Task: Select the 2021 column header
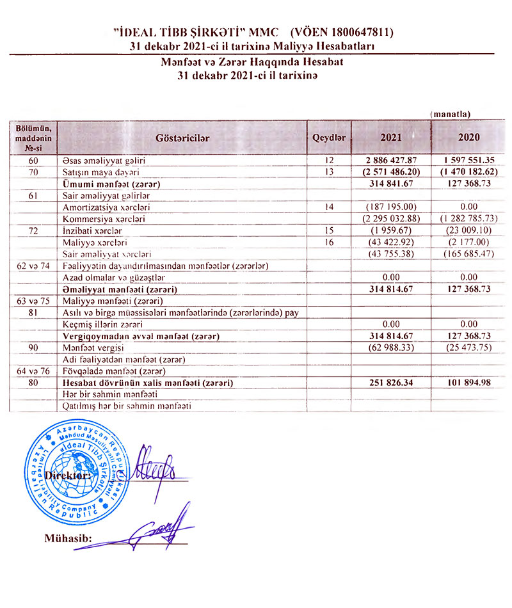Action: click(391, 137)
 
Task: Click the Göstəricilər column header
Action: click(182, 137)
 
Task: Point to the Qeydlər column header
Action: click(329, 137)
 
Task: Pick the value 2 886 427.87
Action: click(392, 161)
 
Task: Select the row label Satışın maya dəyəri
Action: click(101, 172)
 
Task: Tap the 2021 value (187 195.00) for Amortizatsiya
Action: click(392, 207)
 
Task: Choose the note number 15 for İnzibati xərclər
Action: click(329, 230)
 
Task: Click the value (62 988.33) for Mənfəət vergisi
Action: click(392, 348)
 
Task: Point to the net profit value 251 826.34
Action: click(392, 383)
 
